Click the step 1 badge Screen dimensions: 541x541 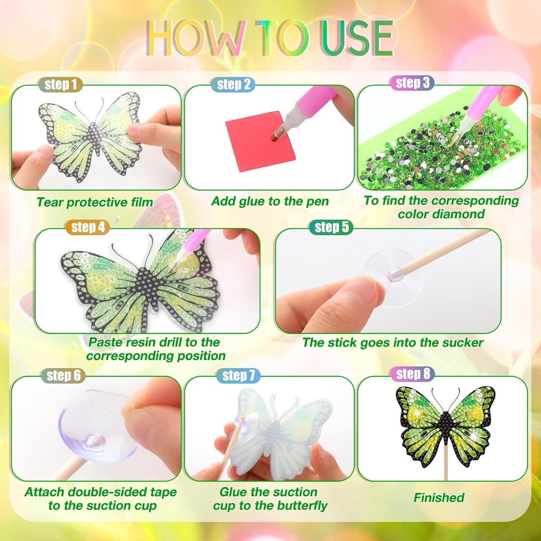pos(60,85)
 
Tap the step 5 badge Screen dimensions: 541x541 pos(331,227)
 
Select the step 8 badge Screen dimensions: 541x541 pos(413,374)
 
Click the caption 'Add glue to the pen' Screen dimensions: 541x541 pos(270,201)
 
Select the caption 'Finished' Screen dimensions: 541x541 pos(439,497)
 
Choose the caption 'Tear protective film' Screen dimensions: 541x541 pos(95,202)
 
